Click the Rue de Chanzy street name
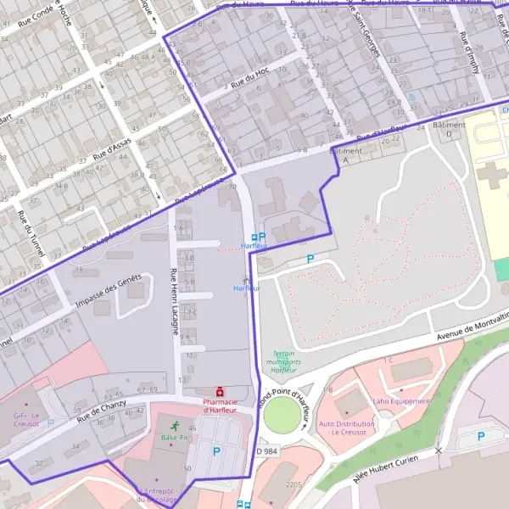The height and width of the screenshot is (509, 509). click(x=101, y=411)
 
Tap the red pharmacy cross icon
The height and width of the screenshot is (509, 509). click(x=221, y=392)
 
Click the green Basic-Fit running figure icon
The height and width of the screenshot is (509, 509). click(x=174, y=426)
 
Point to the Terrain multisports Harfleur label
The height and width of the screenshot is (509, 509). click(x=283, y=362)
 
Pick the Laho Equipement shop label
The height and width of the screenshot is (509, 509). click(x=401, y=401)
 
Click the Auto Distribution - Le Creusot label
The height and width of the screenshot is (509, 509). click(x=346, y=427)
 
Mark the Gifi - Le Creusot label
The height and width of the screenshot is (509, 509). click(x=26, y=420)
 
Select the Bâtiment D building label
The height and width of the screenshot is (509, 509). click(x=449, y=129)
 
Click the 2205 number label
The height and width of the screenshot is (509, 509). click(x=294, y=484)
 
